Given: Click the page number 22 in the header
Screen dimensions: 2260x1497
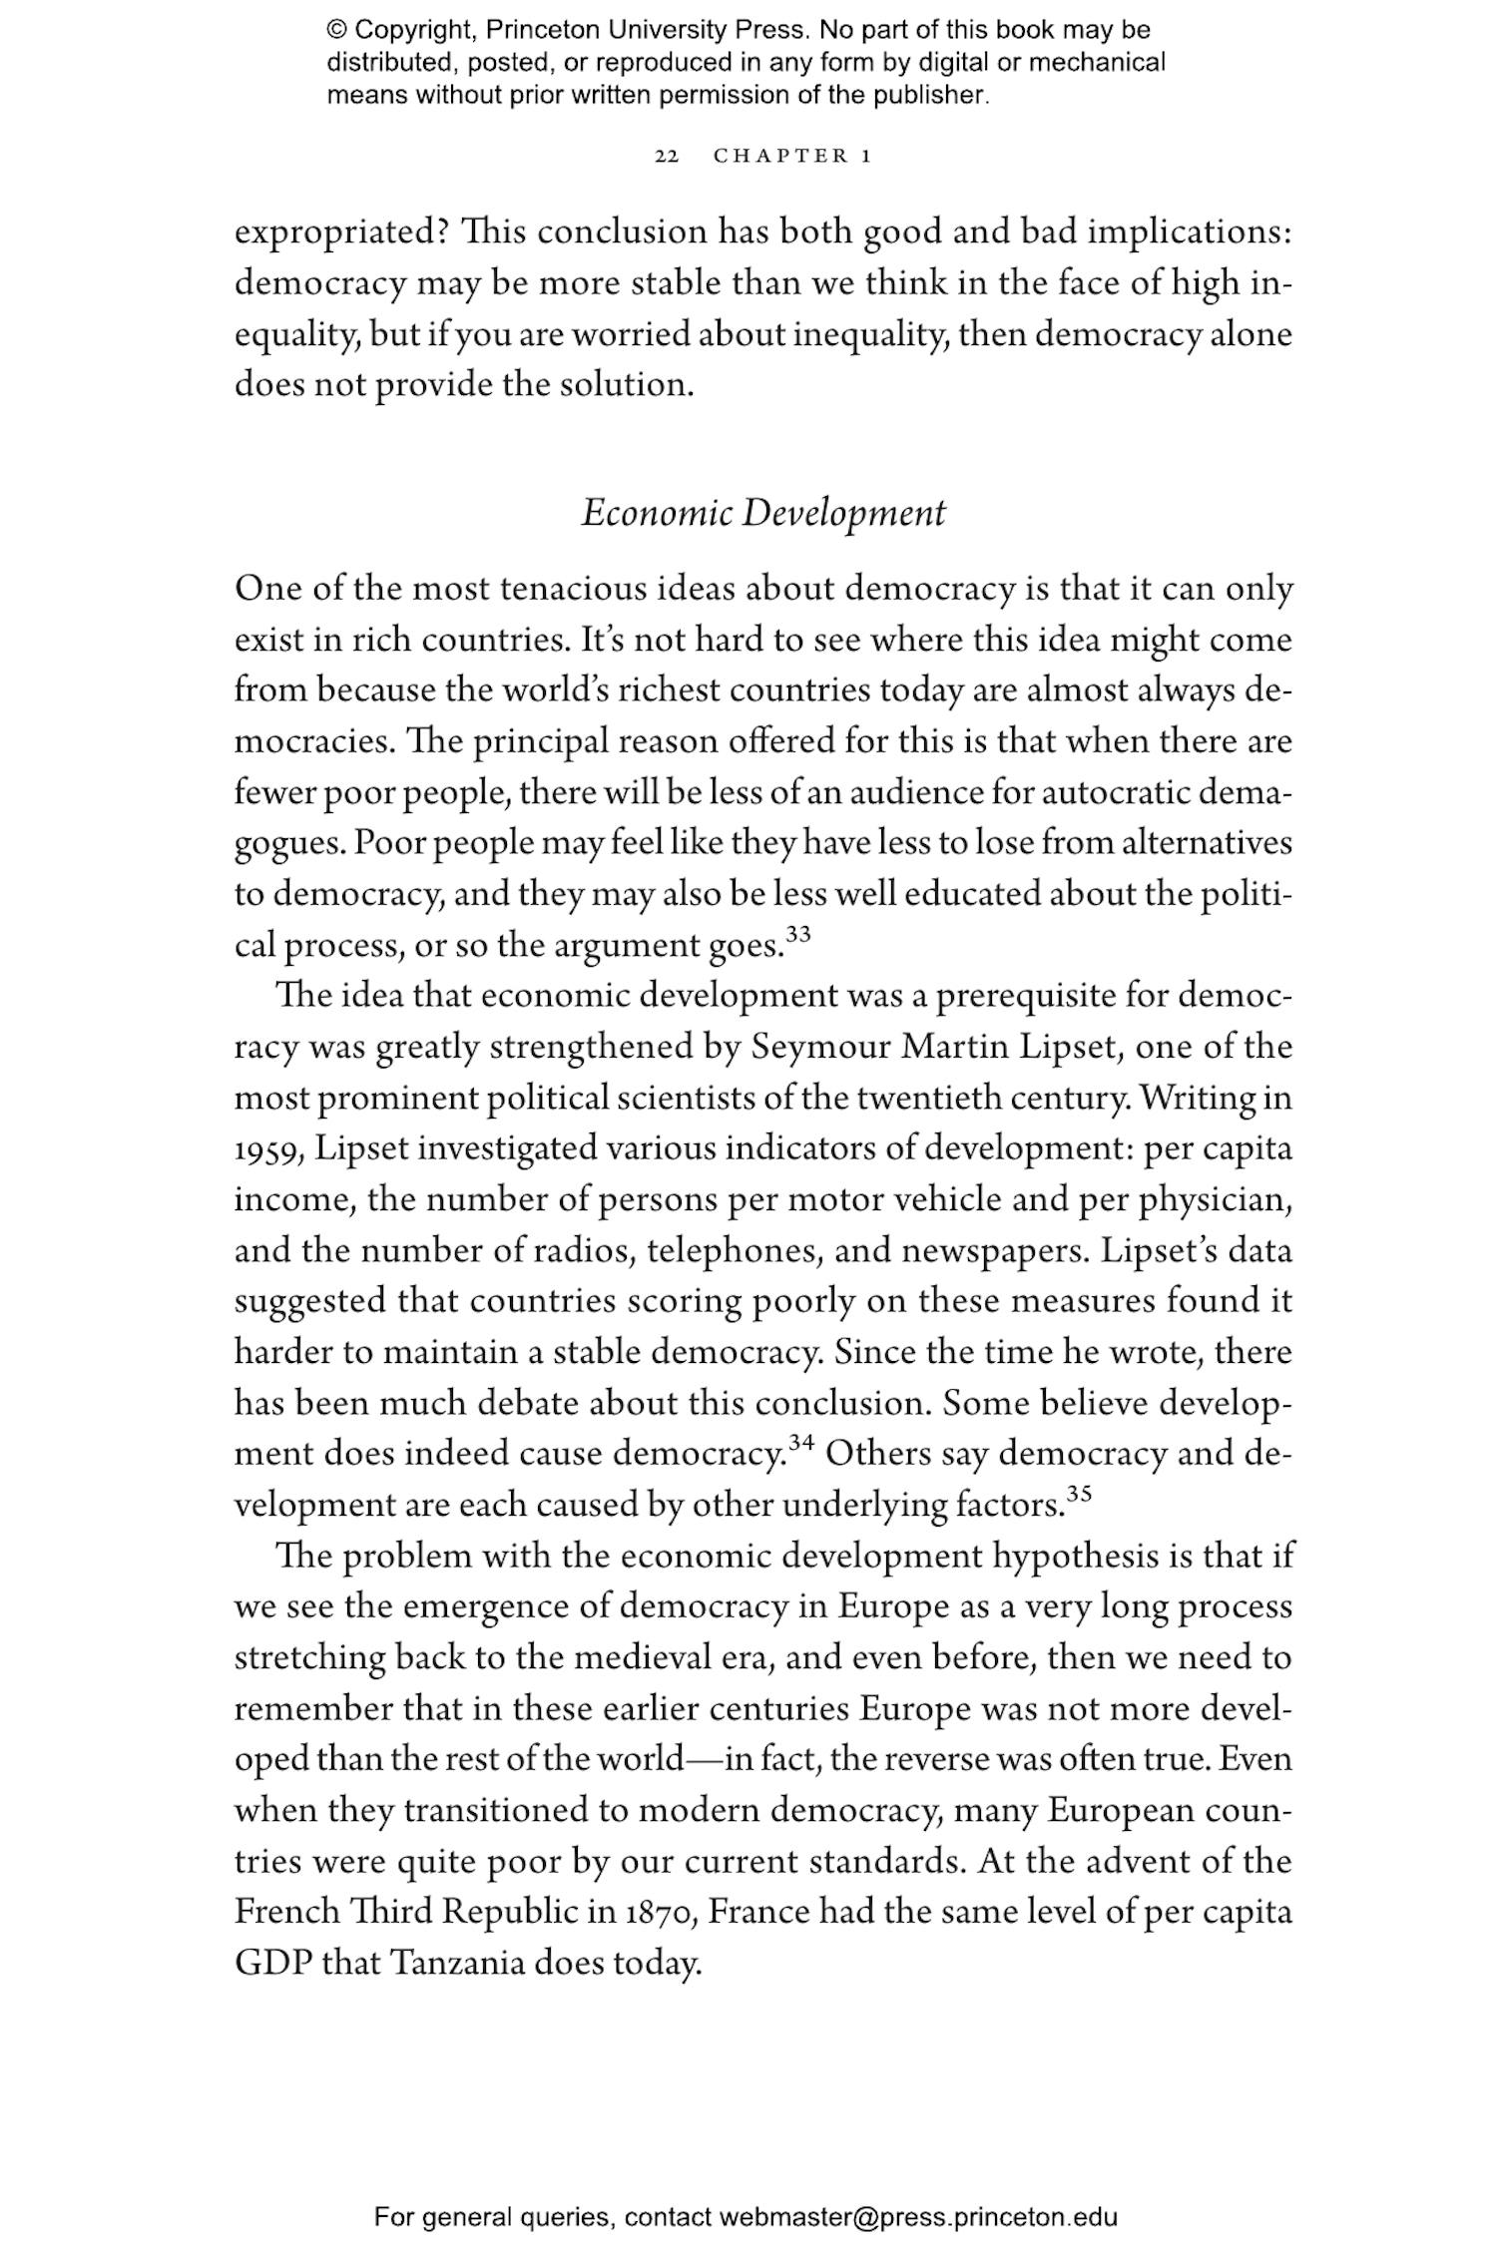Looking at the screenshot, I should pos(667,157).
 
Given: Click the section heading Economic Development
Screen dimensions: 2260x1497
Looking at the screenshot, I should pos(763,514).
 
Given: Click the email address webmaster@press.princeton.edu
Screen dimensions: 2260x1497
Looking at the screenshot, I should pos(918,2217).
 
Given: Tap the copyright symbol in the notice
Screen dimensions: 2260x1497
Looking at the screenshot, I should pos(335,30).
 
